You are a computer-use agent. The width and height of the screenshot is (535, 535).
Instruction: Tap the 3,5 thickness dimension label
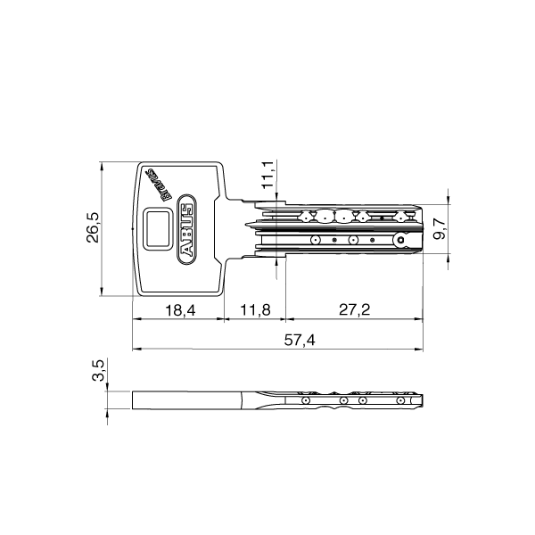point(100,371)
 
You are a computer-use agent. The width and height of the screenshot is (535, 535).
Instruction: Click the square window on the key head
point(159,227)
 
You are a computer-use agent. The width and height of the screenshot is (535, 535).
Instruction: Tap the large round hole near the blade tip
point(401,240)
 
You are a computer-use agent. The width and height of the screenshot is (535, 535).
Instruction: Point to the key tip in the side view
point(421,402)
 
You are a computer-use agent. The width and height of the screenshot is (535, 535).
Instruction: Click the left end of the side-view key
point(134,401)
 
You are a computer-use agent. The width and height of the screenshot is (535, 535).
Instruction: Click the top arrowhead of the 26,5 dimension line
point(103,164)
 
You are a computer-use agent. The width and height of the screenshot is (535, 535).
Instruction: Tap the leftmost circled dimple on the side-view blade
point(306,401)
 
